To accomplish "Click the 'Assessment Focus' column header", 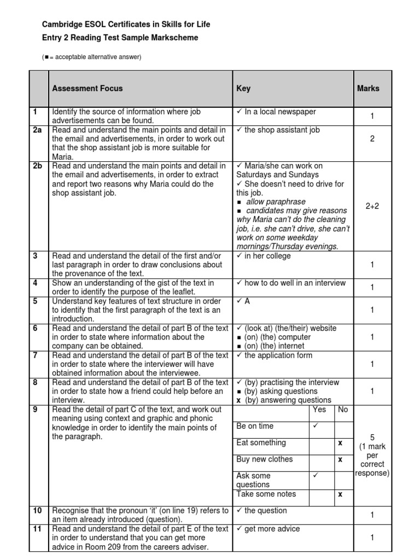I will [87, 88].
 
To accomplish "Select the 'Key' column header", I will [243, 88].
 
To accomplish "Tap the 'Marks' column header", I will [368, 88].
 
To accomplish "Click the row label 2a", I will [37, 130].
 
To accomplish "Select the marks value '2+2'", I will [372, 206].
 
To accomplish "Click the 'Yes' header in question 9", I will [319, 410].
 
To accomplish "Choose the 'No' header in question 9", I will [343, 410].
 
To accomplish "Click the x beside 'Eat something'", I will [340, 443].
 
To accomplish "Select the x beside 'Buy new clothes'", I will [340, 459].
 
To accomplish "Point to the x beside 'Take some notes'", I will [340, 494].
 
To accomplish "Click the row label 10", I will [37, 511].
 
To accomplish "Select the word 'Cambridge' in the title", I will [62, 25].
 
